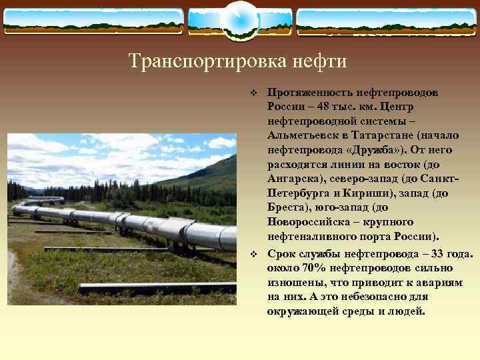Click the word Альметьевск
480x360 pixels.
coord(301,135)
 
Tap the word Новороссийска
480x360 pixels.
coord(308,221)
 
